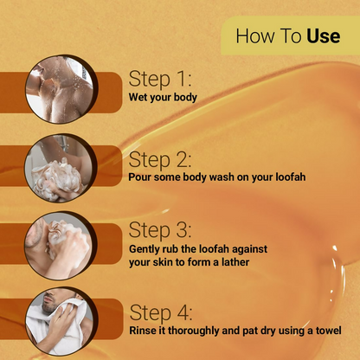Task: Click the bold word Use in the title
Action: click(x=324, y=36)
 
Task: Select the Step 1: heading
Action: click(x=160, y=79)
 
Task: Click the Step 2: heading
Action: click(x=160, y=159)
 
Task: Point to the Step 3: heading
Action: click(x=160, y=230)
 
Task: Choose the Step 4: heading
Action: click(x=161, y=312)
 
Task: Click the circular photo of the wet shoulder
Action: click(x=61, y=89)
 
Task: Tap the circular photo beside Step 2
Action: click(x=60, y=168)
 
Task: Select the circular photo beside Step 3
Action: click(x=60, y=246)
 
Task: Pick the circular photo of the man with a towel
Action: click(x=61, y=321)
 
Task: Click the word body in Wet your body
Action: click(x=185, y=97)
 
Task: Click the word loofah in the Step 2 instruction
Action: click(x=291, y=177)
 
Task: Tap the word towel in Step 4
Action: click(x=329, y=331)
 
